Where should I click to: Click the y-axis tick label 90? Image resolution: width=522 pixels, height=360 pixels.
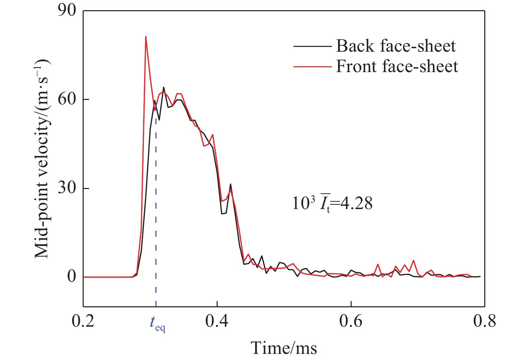(x=67, y=11)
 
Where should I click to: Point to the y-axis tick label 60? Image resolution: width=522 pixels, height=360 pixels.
(x=67, y=100)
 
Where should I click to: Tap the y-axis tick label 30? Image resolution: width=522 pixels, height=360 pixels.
(x=67, y=188)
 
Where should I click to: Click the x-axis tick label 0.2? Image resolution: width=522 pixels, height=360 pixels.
(x=83, y=321)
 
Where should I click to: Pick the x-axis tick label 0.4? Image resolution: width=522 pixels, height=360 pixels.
(x=217, y=321)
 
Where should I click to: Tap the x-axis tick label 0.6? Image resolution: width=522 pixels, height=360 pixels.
(x=351, y=321)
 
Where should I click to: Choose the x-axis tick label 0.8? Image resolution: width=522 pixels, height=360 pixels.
(x=484, y=321)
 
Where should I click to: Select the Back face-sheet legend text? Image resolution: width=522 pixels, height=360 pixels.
(x=396, y=46)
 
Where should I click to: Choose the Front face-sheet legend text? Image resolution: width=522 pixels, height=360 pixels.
(x=397, y=66)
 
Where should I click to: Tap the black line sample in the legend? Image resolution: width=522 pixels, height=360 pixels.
(x=312, y=46)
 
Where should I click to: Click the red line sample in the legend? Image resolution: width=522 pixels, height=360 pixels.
(x=312, y=67)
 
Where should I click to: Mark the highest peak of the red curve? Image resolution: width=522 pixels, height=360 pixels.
(x=146, y=36)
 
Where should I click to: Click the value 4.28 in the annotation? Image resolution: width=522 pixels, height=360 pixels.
(x=357, y=204)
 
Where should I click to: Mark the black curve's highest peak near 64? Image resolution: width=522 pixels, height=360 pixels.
(x=164, y=87)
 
